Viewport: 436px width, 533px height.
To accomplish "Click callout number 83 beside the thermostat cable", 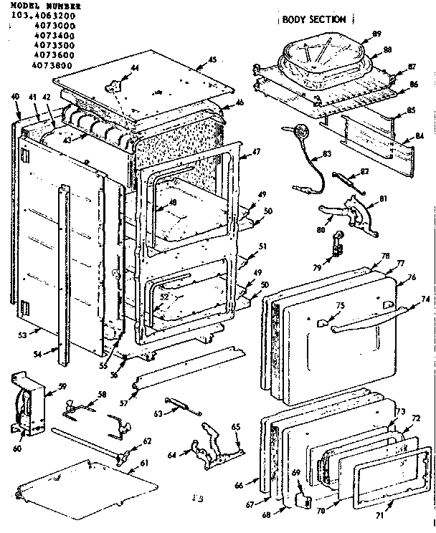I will tap(327, 154).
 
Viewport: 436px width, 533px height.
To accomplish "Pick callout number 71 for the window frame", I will tap(379, 515).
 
